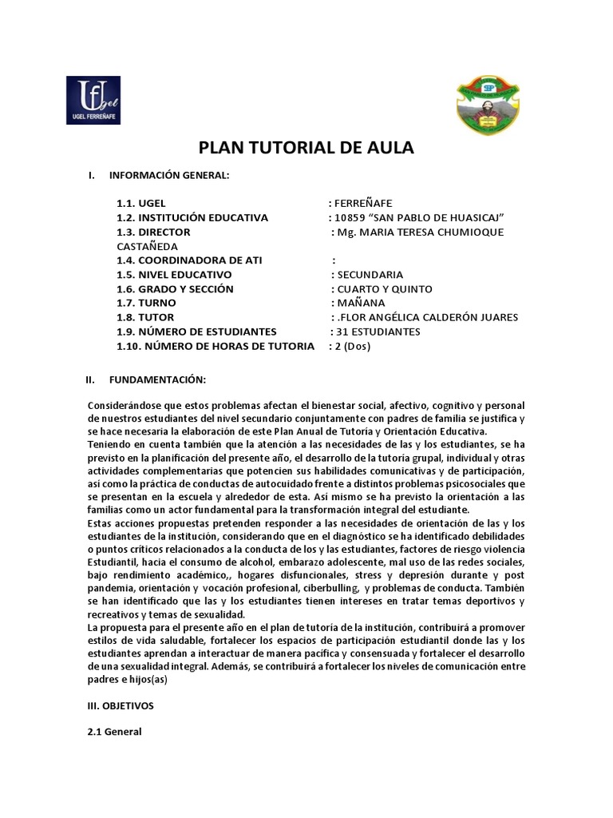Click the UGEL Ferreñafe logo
point(93,101)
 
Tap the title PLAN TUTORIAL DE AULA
point(306,148)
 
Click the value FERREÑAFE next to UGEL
point(365,203)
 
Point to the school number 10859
point(354,218)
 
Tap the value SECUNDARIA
point(370,275)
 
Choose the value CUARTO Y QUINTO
point(385,289)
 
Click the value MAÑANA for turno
point(361,304)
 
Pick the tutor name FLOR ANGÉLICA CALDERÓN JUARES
point(430,317)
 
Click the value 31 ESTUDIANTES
point(379,332)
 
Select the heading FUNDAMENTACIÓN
point(157,379)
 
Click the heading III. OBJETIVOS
point(121,706)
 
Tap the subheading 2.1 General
point(114,731)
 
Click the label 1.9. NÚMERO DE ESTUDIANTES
point(196,332)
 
